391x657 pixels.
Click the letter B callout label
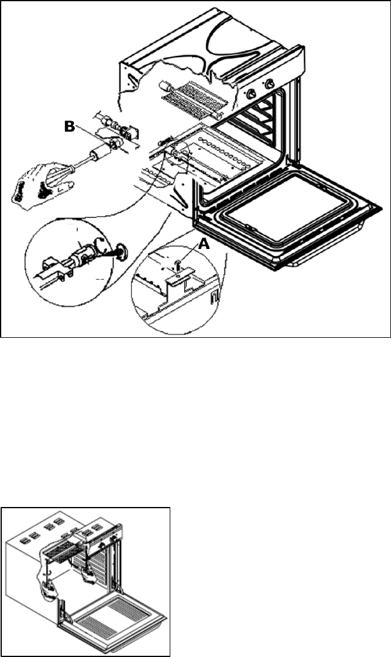pyautogui.click(x=71, y=127)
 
